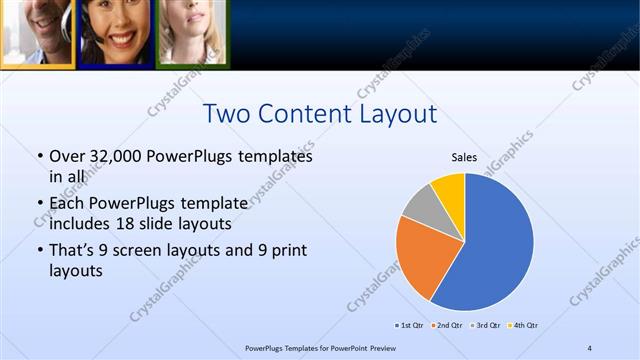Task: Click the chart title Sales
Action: pos(464,157)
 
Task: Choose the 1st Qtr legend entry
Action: pos(411,325)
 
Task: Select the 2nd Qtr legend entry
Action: pos(449,325)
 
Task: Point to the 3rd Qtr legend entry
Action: pos(487,325)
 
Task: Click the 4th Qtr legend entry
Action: pos(525,325)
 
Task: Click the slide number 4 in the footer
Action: pos(590,347)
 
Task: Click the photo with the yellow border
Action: pos(37,32)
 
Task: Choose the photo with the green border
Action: pos(191,32)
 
